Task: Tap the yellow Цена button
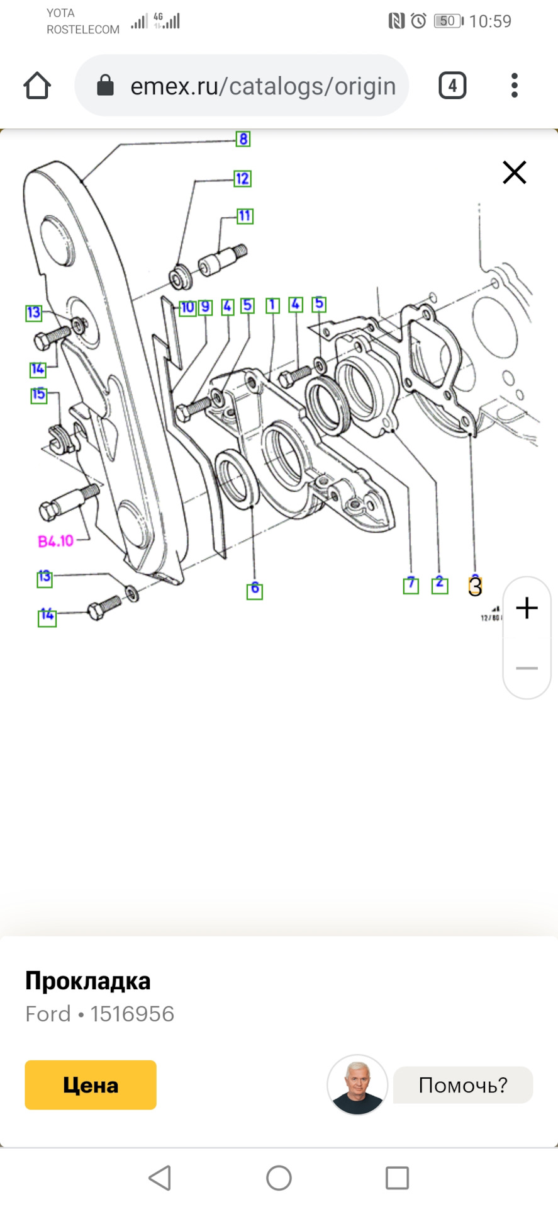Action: [91, 1084]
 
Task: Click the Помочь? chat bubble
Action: [462, 1084]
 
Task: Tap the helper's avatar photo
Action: [357, 1084]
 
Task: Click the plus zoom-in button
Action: [527, 608]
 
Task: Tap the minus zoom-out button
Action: [527, 667]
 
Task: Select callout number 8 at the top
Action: [243, 139]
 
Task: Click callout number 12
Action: [242, 179]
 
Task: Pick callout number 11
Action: [244, 216]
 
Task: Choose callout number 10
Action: [187, 307]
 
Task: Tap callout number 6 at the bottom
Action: [254, 590]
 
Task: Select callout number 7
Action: [411, 585]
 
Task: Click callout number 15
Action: [39, 395]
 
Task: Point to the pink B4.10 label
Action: [56, 541]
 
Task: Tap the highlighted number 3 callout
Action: [475, 586]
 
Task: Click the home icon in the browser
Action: [37, 86]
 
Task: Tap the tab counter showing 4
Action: [452, 86]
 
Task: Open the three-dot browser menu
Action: [514, 86]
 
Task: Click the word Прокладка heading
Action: [88, 981]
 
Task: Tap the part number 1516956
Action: [132, 1014]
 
